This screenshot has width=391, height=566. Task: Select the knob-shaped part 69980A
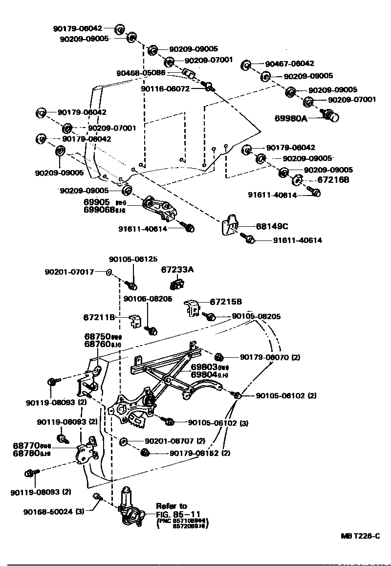(332, 116)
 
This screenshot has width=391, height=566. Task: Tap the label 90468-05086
(141, 73)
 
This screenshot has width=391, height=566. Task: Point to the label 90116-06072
(165, 89)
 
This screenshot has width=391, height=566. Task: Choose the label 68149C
(272, 226)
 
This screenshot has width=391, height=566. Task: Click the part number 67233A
(177, 269)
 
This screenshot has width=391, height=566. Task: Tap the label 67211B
(99, 317)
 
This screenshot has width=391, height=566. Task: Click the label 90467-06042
(289, 64)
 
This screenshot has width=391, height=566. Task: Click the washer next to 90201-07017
(109, 271)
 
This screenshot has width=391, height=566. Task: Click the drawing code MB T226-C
(360, 536)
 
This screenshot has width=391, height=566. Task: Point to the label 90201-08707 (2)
(174, 441)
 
